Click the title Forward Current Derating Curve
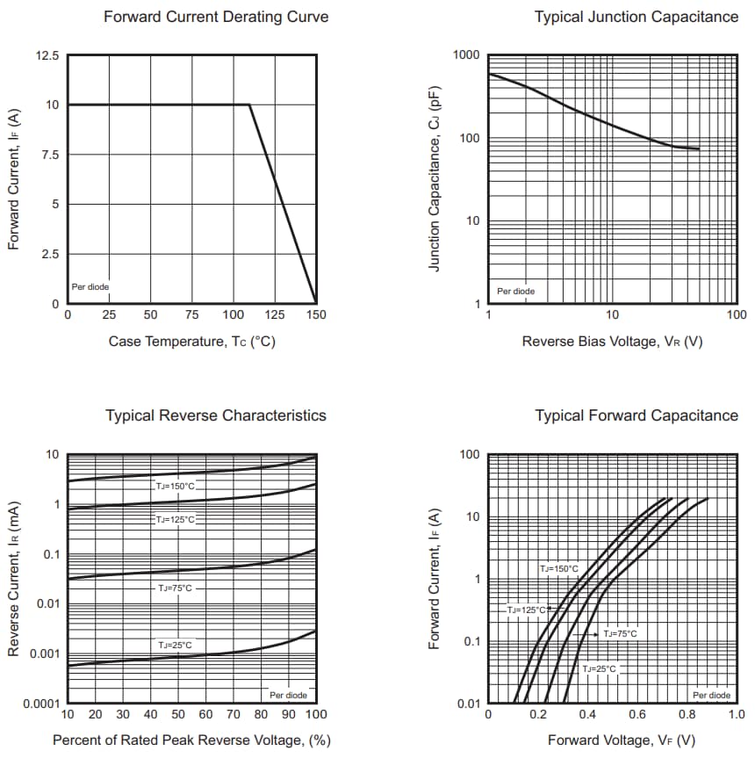(216, 17)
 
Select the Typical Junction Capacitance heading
(636, 17)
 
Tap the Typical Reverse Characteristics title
(216, 415)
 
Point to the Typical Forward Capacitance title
(636, 415)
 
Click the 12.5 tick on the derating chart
(47, 55)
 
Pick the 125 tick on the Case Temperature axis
(275, 314)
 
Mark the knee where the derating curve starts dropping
(250, 105)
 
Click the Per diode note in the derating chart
(90, 287)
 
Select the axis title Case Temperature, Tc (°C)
(191, 341)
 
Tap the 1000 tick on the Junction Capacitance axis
(466, 55)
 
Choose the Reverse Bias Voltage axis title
(612, 341)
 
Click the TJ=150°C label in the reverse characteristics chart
(176, 486)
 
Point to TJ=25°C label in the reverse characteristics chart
(175, 646)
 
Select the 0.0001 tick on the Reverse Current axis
(40, 704)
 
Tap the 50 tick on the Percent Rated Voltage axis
(178, 715)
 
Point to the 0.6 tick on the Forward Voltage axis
(636, 715)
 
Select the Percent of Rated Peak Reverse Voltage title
(191, 740)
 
